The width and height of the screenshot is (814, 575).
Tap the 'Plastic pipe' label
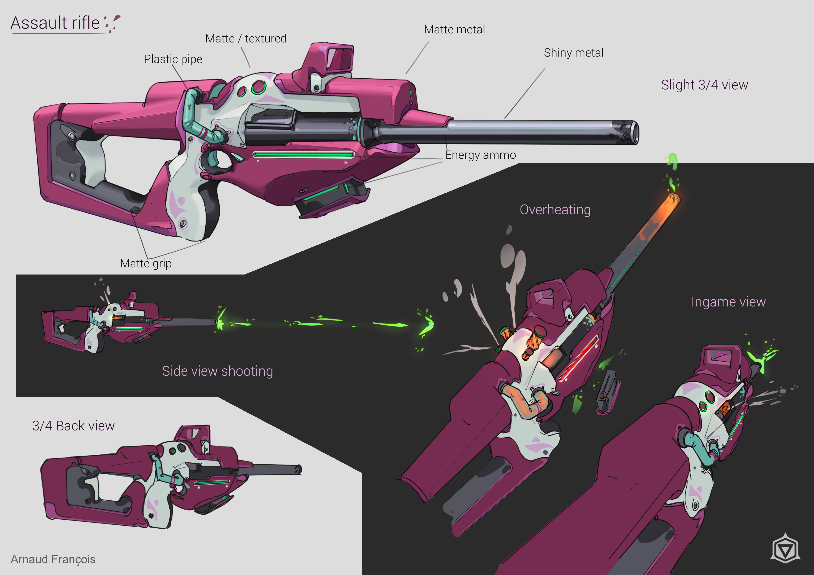point(173,59)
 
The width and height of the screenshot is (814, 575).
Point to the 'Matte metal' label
point(454,29)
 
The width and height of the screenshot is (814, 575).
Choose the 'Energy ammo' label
point(480,155)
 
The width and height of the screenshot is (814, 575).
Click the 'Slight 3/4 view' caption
point(704,85)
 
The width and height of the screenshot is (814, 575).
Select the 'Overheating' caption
point(555,210)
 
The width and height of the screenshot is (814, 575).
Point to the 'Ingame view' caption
point(728,302)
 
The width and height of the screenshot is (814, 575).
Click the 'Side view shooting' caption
point(217,371)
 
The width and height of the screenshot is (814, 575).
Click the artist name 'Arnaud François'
point(53,559)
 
